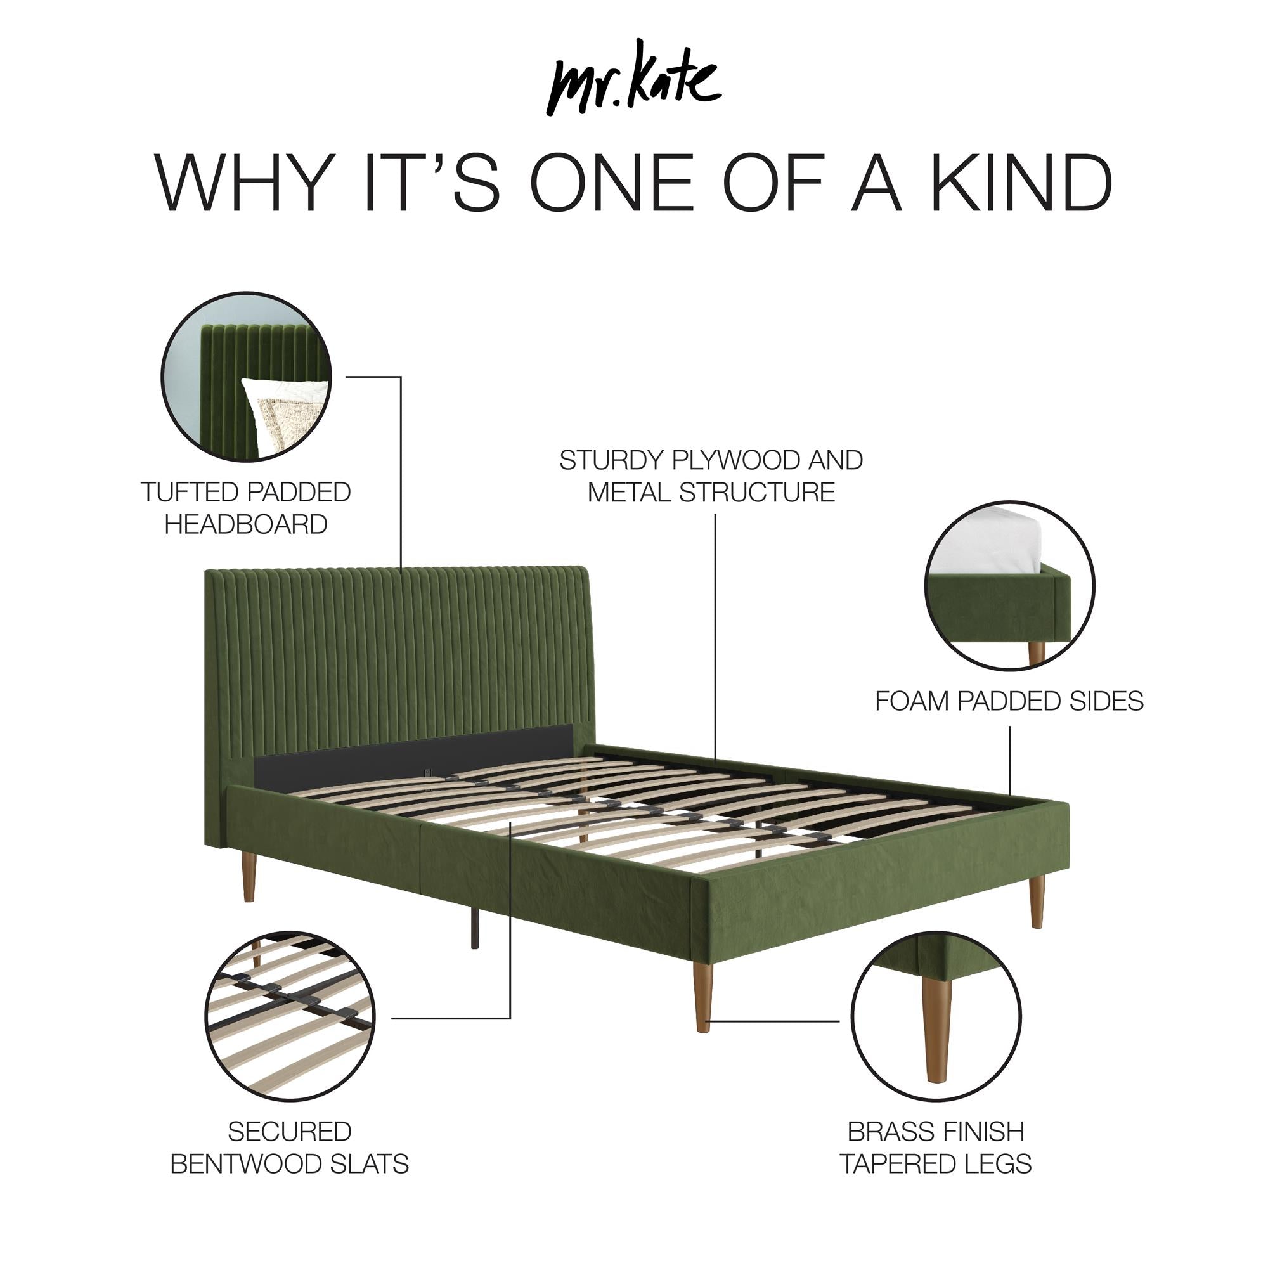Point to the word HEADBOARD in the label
click(x=245, y=524)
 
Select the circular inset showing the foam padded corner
click(x=1009, y=585)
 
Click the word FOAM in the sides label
click(x=913, y=702)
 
